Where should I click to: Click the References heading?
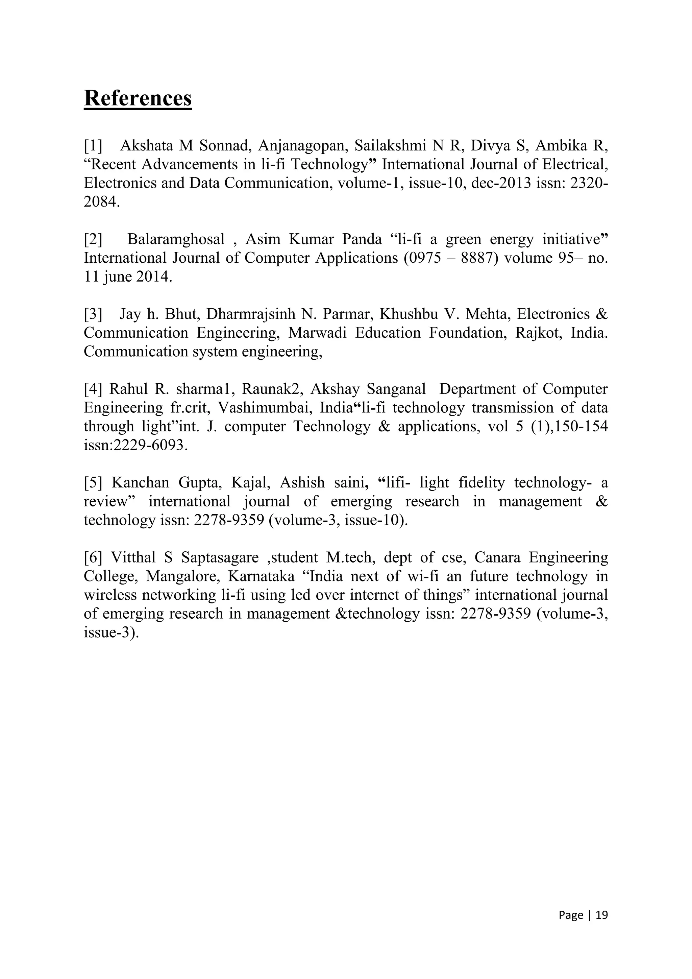pos(138,98)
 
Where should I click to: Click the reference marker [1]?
pos(93,146)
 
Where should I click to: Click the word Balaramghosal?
pos(176,239)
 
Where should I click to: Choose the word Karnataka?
pos(261,576)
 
